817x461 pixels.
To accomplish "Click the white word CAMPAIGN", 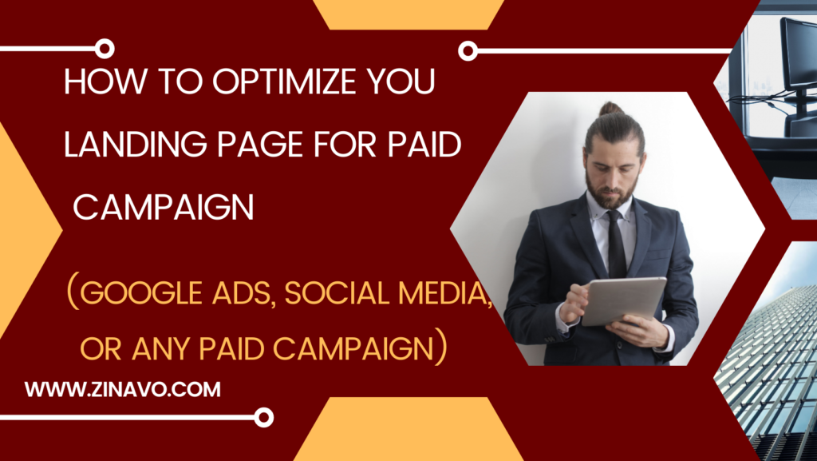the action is pyautogui.click(x=164, y=207).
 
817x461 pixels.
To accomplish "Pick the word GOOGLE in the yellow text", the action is pyautogui.click(x=141, y=293).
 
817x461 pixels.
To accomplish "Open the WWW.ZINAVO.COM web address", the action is pyautogui.click(x=122, y=390).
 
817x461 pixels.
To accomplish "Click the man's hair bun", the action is pyautogui.click(x=610, y=109).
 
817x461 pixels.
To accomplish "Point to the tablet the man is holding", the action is pyautogui.click(x=623, y=301).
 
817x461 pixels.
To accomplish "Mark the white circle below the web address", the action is pyautogui.click(x=263, y=417).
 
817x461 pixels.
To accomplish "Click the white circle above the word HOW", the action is pyautogui.click(x=105, y=49).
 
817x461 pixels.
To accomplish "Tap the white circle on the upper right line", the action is pyautogui.click(x=468, y=50).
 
